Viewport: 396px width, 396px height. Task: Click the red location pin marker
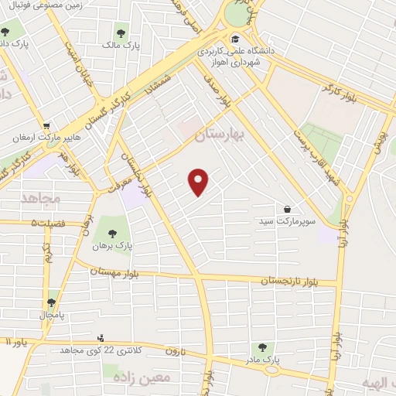pos(200,183)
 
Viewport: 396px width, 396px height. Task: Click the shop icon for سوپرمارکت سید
pos(288,209)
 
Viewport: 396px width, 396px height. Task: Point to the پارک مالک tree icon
pos(120,32)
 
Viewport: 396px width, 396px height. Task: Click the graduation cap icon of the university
pos(235,39)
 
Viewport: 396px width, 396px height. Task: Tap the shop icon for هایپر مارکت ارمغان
pos(47,126)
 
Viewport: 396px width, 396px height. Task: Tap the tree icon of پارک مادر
pos(262,347)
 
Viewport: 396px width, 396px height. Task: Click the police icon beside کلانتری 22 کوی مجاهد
pos(100,339)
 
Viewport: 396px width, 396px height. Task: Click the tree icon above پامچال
pos(51,302)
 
